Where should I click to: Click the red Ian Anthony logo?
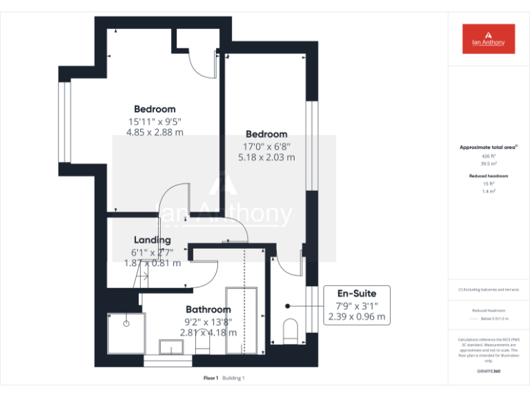(x=489, y=39)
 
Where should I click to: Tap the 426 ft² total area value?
(x=489, y=156)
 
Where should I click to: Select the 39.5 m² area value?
(x=489, y=164)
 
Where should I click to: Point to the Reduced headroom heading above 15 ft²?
(x=489, y=176)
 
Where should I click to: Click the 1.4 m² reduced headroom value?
(x=489, y=191)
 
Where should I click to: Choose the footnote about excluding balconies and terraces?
(x=489, y=289)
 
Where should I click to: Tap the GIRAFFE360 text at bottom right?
(x=489, y=371)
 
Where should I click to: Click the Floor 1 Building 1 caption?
(x=224, y=378)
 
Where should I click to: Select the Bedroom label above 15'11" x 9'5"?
(x=155, y=109)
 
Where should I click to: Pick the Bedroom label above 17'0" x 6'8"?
(x=266, y=134)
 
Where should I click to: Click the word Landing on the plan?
(x=152, y=240)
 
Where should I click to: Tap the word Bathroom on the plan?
(x=208, y=309)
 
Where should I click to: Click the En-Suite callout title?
(x=356, y=294)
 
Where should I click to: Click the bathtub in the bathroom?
(x=242, y=320)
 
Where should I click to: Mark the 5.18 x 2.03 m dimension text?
(x=266, y=157)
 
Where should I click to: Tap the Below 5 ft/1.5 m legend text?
(x=494, y=318)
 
